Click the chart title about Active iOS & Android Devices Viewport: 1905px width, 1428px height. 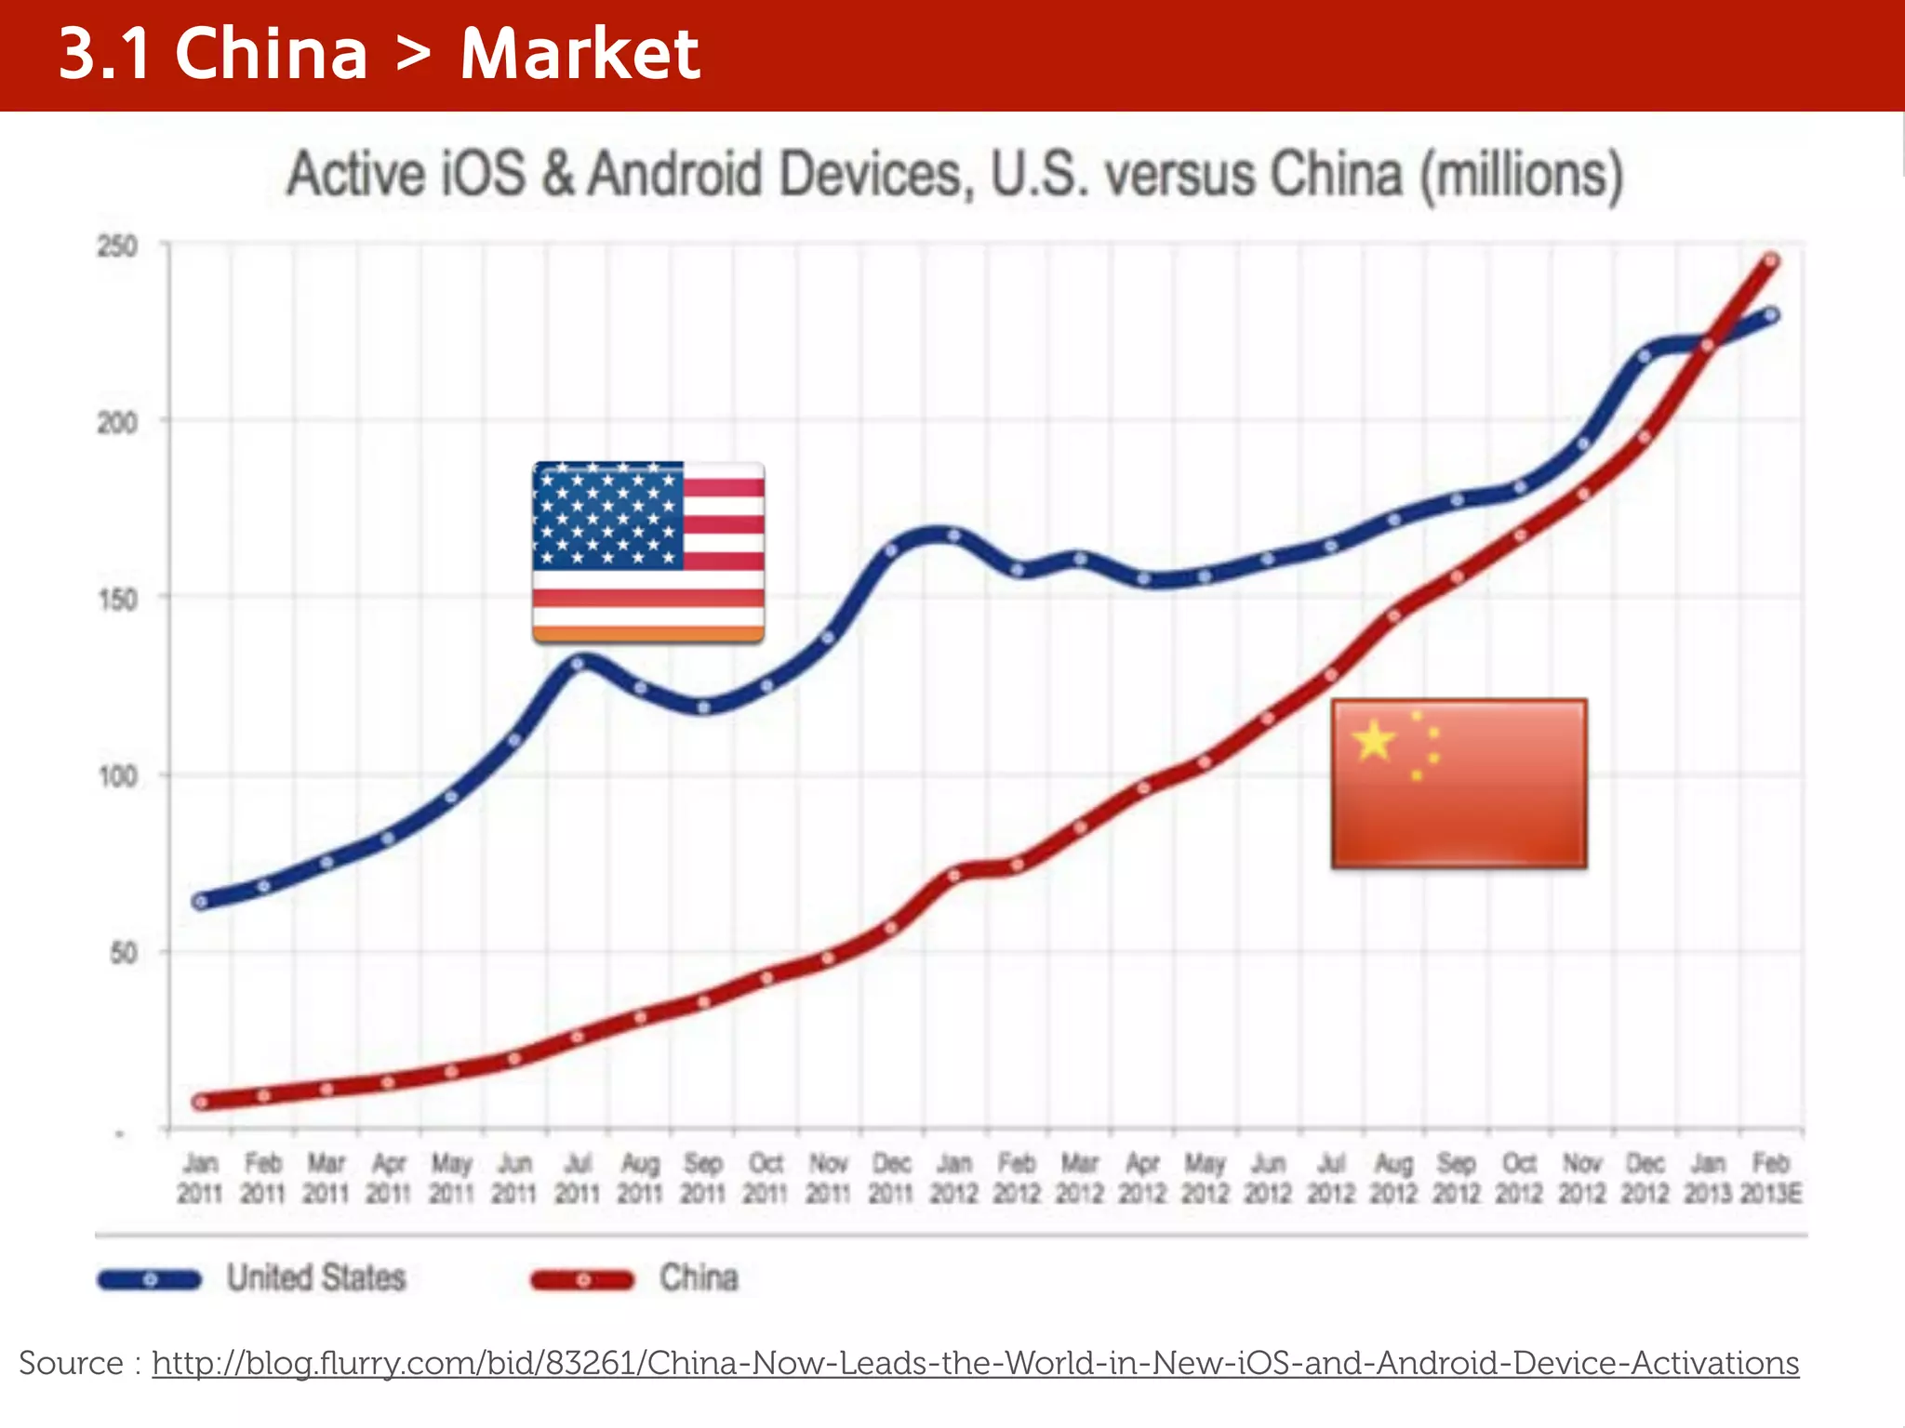[954, 175]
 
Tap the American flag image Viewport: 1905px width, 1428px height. [648, 552]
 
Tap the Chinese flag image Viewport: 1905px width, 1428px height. [1459, 784]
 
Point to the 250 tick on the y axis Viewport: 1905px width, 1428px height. [118, 247]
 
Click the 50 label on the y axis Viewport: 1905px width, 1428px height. [124, 953]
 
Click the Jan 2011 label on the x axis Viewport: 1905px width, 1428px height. [200, 1178]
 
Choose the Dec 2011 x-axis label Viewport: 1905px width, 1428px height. [891, 1178]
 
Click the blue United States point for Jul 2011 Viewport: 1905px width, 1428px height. [578, 664]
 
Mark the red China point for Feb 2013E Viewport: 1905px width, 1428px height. [1771, 261]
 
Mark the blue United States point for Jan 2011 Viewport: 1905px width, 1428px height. [200, 901]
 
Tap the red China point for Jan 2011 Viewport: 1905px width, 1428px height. [200, 1102]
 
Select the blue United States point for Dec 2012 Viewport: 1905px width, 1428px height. [1645, 356]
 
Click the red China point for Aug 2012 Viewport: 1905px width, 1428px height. [1393, 615]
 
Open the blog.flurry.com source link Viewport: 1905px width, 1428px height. [975, 1363]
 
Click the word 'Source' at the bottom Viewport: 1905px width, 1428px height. [71, 1363]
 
